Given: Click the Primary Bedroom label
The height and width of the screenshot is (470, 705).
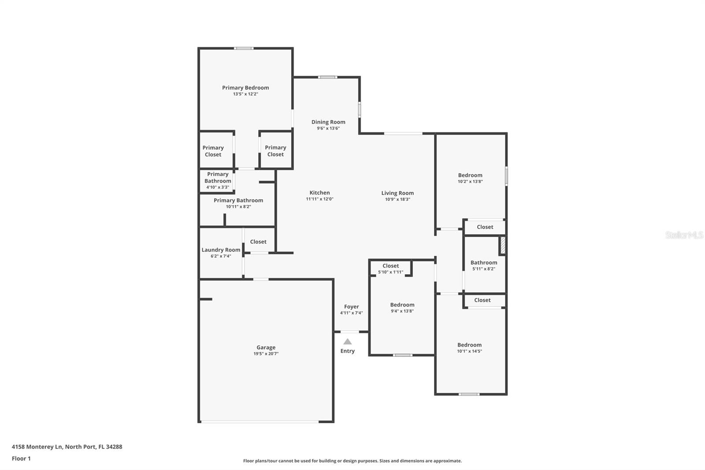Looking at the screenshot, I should [x=245, y=88].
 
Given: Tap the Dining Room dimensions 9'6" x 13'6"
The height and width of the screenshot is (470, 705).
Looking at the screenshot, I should [x=328, y=128].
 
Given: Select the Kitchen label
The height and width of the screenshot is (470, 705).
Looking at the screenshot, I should [x=319, y=193].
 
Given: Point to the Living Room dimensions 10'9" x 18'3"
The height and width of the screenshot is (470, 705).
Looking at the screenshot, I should [x=397, y=199].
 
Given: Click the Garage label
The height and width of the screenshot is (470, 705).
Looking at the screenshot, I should [x=266, y=347].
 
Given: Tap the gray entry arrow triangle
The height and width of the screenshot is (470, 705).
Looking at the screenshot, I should [x=348, y=342].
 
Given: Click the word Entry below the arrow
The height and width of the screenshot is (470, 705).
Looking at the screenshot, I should [x=347, y=351].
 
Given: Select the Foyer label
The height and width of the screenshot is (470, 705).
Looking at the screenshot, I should [x=351, y=307].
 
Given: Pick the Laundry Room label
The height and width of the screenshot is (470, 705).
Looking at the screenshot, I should [x=221, y=250].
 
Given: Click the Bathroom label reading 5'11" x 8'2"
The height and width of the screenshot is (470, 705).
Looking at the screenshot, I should [x=483, y=263].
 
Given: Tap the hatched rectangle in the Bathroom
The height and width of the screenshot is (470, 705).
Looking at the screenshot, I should [x=502, y=246].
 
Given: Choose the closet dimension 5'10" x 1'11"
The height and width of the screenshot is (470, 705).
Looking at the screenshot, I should [x=390, y=272].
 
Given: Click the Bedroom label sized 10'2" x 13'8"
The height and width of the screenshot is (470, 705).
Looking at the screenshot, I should [x=470, y=175].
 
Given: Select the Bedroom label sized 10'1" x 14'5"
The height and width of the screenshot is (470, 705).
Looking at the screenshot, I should [x=469, y=345].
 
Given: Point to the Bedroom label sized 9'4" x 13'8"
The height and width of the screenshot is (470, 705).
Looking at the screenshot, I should [x=402, y=305].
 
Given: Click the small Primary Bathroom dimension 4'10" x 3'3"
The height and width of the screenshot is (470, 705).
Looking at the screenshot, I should [x=218, y=187].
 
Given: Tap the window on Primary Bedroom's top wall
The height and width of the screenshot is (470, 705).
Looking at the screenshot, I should [x=244, y=48].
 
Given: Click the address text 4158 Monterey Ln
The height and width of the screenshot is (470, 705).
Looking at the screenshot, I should [x=37, y=447].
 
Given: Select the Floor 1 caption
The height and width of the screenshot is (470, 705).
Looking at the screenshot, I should [x=21, y=459].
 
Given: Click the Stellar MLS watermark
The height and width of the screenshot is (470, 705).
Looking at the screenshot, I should [x=684, y=235].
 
